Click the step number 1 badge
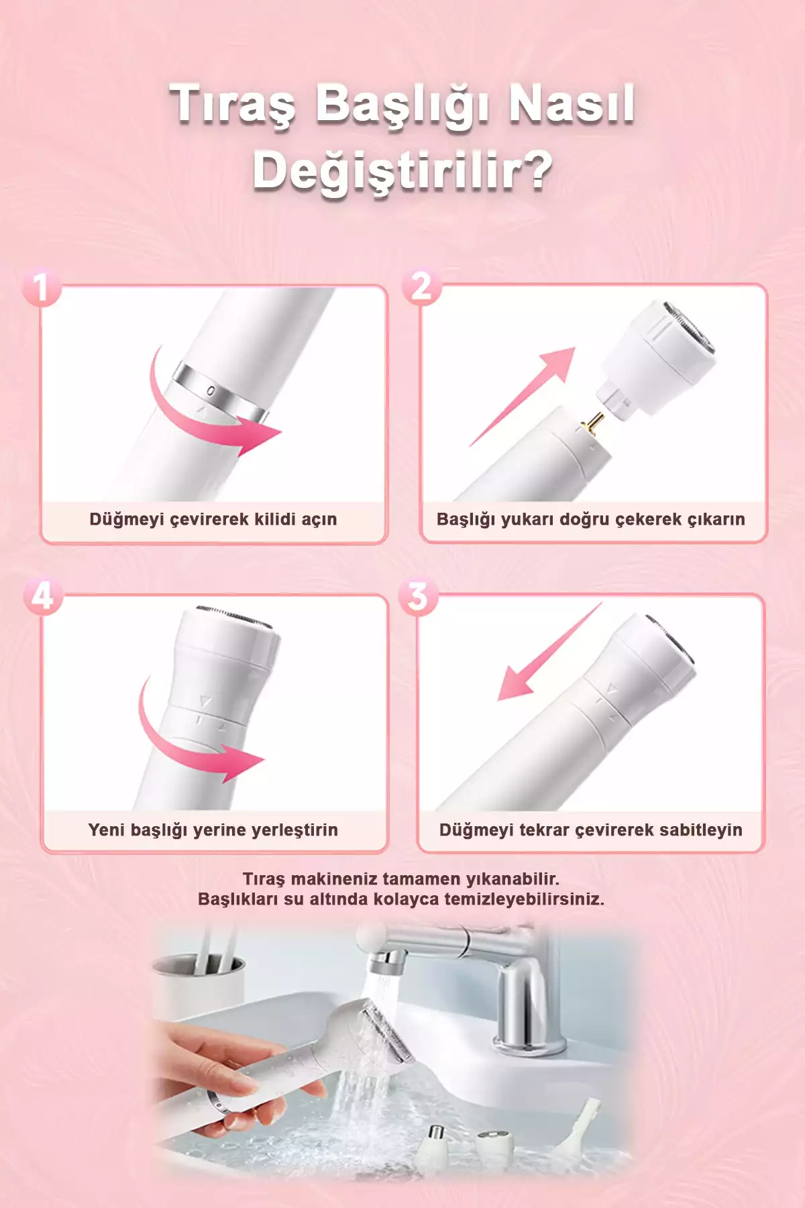[42, 287]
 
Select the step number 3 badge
[418, 596]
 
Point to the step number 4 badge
[42, 596]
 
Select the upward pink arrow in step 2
[523, 396]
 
